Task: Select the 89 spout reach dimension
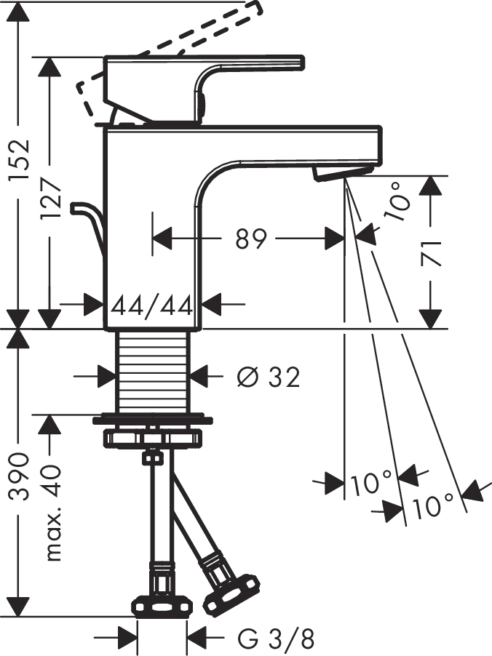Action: pyautogui.click(x=252, y=239)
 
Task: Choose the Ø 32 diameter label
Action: pyautogui.click(x=269, y=377)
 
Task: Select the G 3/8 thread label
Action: pyautogui.click(x=276, y=640)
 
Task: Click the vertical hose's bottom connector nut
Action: pyautogui.click(x=162, y=604)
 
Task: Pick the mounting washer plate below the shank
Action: pyautogui.click(x=153, y=420)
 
